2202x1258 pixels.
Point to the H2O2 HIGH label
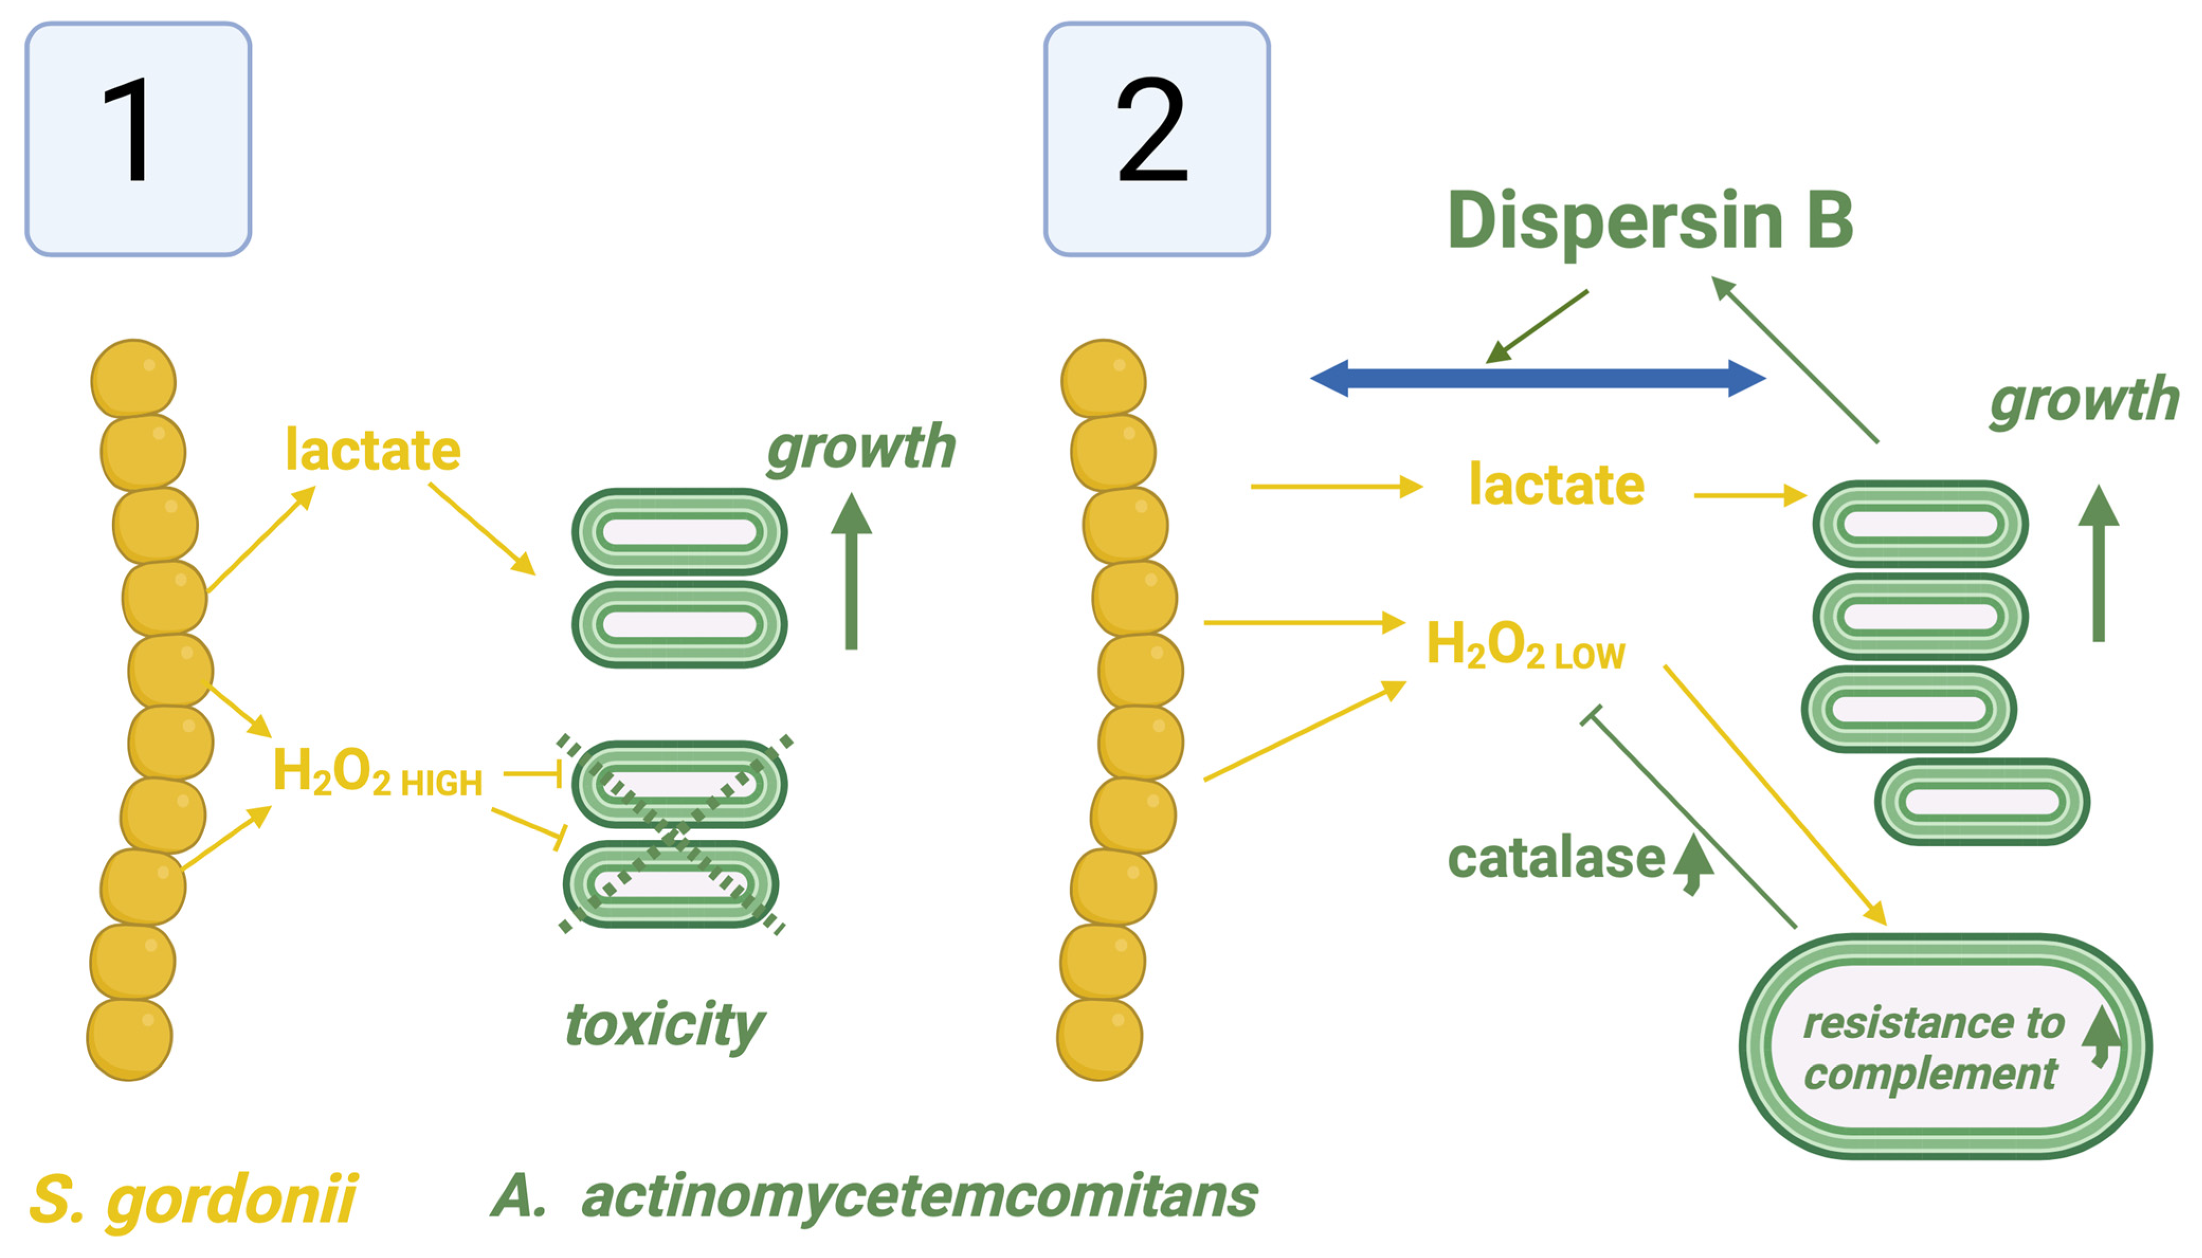378,773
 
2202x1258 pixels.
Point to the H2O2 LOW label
1525,646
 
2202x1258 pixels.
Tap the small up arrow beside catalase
1692,864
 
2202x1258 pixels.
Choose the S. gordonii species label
192,1199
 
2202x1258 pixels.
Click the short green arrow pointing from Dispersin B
1536,327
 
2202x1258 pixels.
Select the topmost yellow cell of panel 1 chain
133,379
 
